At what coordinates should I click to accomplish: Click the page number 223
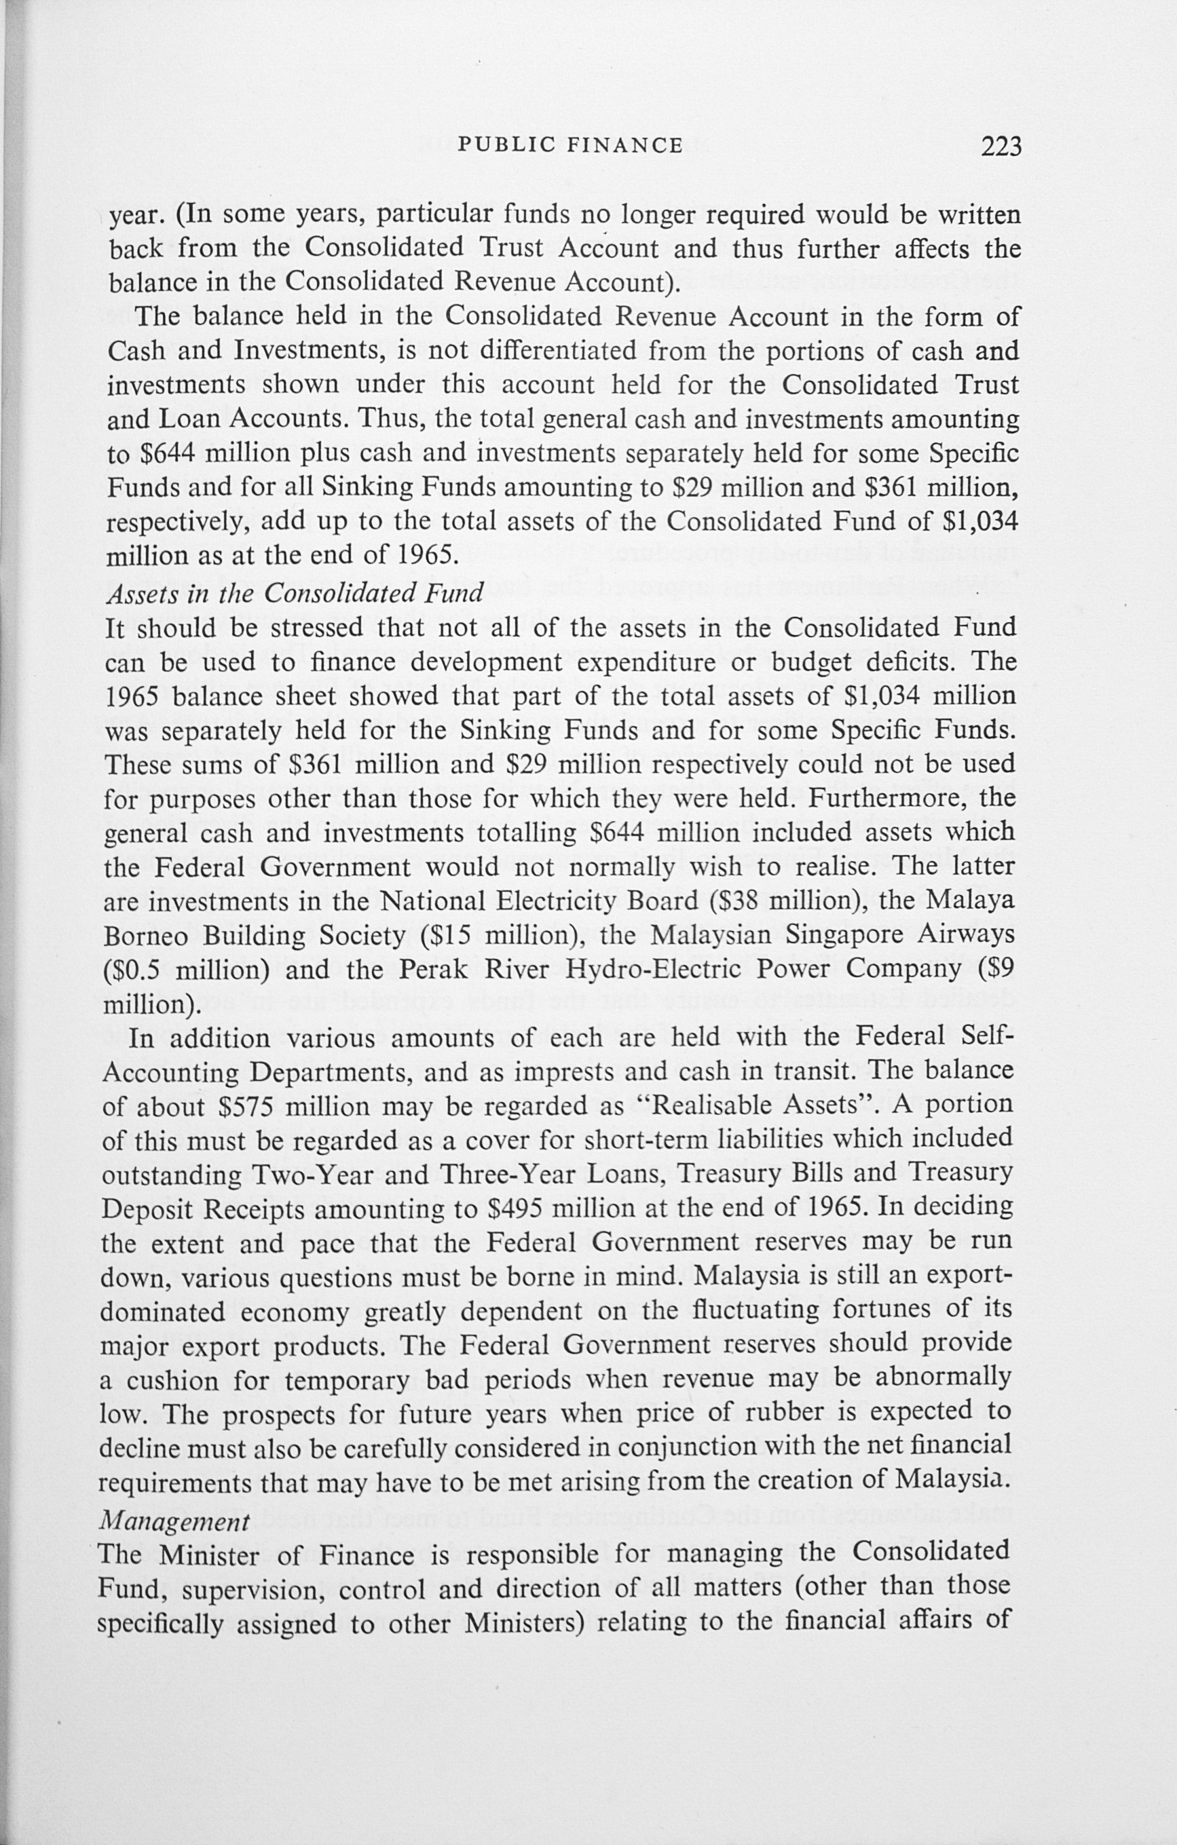[x=1001, y=146]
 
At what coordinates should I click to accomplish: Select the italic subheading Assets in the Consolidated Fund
[x=295, y=592]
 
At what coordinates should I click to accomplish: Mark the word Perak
[x=429, y=969]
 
